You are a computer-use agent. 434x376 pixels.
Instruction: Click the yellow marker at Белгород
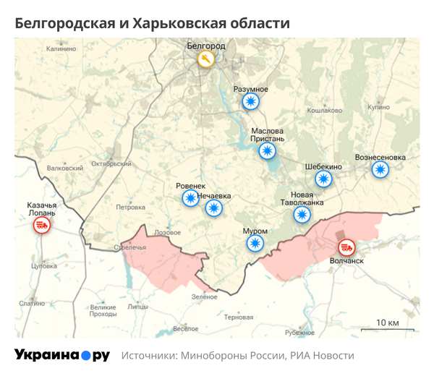[207, 59]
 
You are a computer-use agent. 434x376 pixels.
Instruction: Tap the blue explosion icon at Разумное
[251, 102]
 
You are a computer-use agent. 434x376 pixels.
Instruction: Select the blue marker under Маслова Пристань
[268, 150]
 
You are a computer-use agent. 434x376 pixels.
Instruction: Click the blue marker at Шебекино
[323, 179]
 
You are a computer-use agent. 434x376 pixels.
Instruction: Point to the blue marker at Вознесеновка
[380, 169]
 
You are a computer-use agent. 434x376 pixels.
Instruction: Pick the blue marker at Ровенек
[190, 198]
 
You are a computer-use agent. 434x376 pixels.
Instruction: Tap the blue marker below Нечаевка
[214, 208]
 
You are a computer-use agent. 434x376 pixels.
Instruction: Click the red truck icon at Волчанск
[348, 247]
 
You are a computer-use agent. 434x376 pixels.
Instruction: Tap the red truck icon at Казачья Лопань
[41, 226]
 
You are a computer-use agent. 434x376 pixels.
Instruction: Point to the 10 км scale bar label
[388, 322]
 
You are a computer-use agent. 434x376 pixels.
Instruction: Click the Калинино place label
[61, 49]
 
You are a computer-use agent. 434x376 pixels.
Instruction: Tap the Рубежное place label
[299, 332]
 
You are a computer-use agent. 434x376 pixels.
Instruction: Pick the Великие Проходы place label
[103, 310]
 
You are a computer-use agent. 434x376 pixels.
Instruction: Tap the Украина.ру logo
[61, 355]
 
